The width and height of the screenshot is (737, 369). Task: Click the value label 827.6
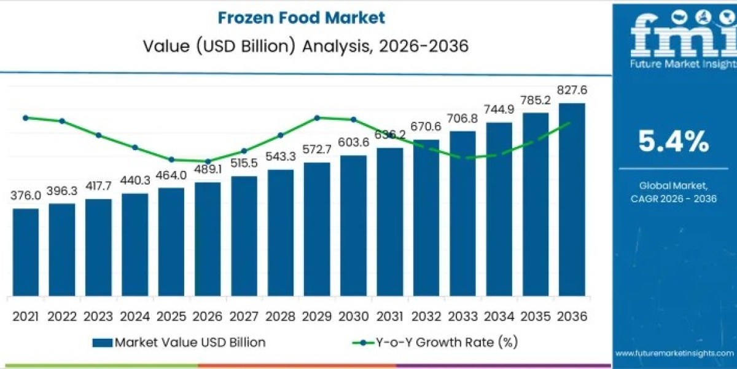tap(572, 90)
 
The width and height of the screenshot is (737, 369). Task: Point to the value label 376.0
tap(26, 196)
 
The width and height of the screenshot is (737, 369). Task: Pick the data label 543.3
tap(281, 157)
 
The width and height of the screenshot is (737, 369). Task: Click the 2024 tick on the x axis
tap(135, 316)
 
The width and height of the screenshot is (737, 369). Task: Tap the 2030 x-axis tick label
tap(353, 316)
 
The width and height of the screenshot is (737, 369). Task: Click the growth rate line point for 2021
tap(25, 117)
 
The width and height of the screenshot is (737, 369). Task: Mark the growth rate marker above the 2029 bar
tap(317, 117)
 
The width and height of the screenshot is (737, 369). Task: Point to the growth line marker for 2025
tap(171, 159)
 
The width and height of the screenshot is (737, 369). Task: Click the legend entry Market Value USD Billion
tap(179, 343)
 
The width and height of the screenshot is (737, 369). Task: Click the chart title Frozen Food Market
tap(302, 17)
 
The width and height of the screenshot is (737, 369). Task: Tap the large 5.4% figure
tap(673, 142)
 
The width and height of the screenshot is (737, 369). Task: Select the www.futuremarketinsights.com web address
tap(674, 354)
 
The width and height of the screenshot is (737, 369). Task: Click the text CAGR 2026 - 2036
tap(674, 199)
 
